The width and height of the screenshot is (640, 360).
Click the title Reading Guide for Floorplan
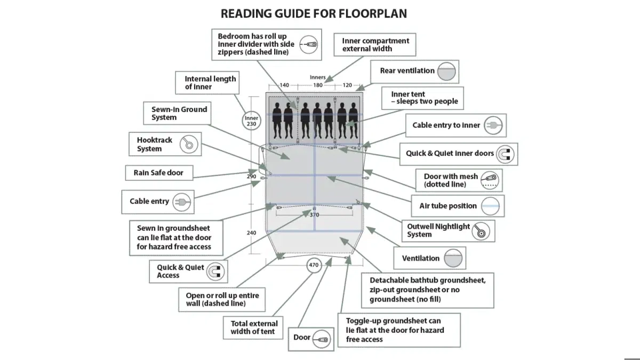(314, 13)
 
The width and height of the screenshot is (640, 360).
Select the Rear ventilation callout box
(414, 71)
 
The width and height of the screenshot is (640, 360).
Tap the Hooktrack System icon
(188, 144)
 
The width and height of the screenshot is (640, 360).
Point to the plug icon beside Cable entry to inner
(494, 125)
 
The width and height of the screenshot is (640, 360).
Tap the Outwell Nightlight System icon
(482, 230)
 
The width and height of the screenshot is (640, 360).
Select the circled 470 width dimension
(314, 265)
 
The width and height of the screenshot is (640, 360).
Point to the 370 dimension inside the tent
(314, 214)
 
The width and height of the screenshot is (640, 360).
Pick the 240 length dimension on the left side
(252, 233)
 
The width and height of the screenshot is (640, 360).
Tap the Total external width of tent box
(254, 327)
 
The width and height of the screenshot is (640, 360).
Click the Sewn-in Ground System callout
(179, 113)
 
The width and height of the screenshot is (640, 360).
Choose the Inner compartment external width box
(375, 45)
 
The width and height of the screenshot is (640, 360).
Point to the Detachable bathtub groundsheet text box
(427, 290)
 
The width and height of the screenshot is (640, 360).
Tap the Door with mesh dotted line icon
(490, 180)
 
